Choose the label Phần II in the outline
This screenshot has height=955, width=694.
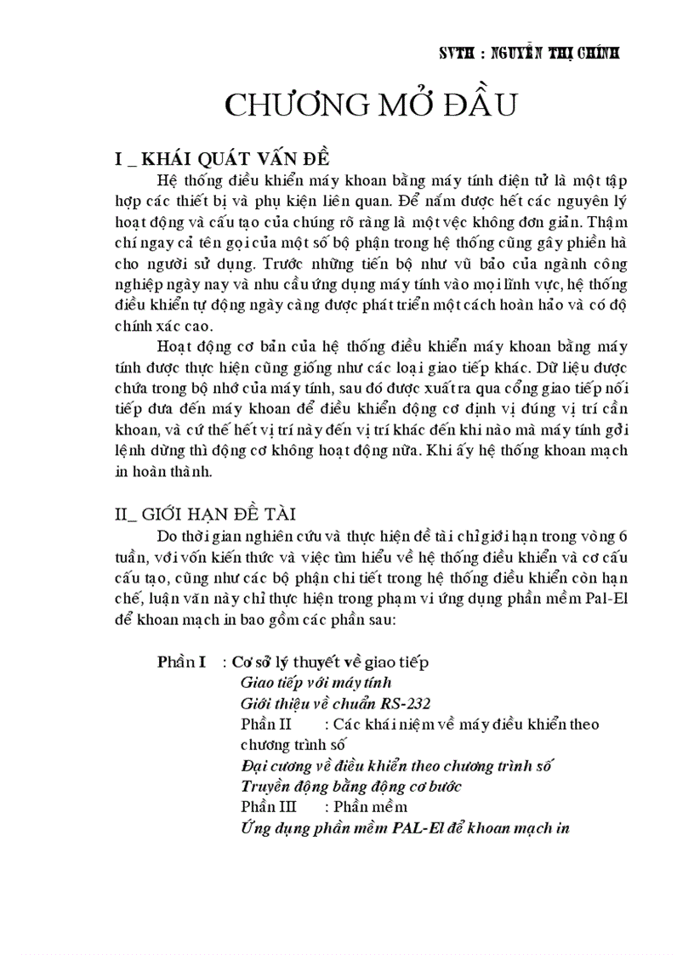tap(267, 725)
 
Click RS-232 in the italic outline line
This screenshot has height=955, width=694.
tap(405, 703)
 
